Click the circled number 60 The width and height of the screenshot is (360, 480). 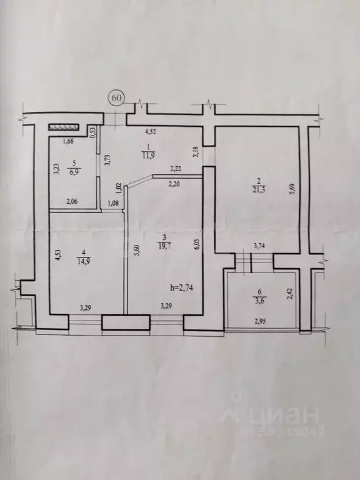tap(117, 98)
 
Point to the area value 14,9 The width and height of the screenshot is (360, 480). tap(82, 261)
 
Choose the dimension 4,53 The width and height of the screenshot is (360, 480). tap(57, 257)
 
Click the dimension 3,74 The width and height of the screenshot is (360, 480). tap(258, 246)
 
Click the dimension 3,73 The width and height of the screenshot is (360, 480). tap(107, 162)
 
